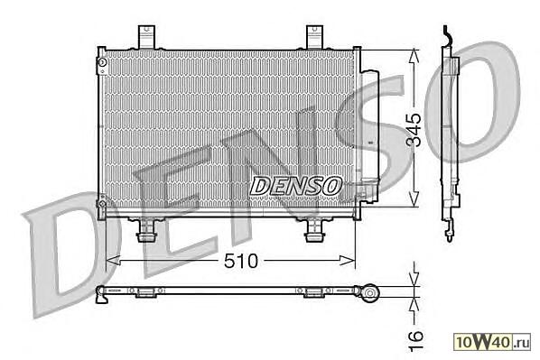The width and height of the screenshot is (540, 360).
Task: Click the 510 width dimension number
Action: pyautogui.click(x=241, y=262)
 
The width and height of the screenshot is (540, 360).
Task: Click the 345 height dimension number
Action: pyautogui.click(x=413, y=129)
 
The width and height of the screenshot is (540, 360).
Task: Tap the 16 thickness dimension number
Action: pyautogui.click(x=415, y=341)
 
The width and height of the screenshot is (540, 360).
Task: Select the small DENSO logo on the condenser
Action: pyautogui.click(x=296, y=186)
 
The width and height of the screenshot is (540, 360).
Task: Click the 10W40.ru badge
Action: pyautogui.click(x=492, y=342)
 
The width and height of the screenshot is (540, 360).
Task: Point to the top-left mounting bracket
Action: pyautogui.click(x=146, y=37)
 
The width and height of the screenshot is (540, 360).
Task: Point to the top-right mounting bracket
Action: pyautogui.click(x=315, y=37)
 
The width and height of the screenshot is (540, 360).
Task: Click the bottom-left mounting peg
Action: pyautogui.click(x=146, y=231)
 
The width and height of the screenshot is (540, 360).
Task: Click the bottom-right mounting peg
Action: pyautogui.click(x=314, y=231)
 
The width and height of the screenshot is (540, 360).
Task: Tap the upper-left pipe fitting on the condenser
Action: pyautogui.click(x=102, y=63)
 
